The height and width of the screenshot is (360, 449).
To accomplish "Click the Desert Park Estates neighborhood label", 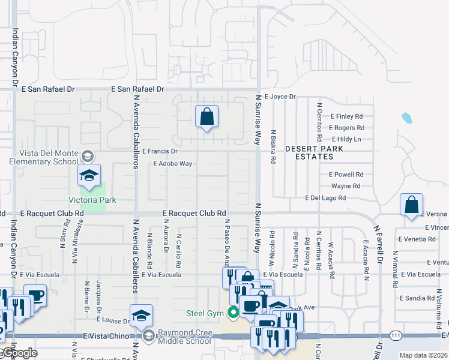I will click(x=309, y=152).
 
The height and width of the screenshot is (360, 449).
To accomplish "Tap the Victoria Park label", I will click(x=92, y=200).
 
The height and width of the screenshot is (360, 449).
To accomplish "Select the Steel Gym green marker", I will click(x=232, y=313).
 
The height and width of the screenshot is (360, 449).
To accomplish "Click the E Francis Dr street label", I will click(x=160, y=152).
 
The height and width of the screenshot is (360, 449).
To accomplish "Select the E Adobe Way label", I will click(x=173, y=163).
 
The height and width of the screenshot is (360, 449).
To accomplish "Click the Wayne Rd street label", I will click(x=345, y=186).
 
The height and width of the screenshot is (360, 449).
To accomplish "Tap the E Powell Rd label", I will click(x=346, y=175).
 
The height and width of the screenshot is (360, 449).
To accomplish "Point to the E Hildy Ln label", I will click(x=348, y=139).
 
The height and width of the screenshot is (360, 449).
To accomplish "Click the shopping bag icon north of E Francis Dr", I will click(x=206, y=117).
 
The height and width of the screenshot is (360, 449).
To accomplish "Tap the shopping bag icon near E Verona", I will click(x=412, y=205).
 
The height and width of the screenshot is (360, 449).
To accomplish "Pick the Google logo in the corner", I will click(x=19, y=353).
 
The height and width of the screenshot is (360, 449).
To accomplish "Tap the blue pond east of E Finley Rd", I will click(x=406, y=118).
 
